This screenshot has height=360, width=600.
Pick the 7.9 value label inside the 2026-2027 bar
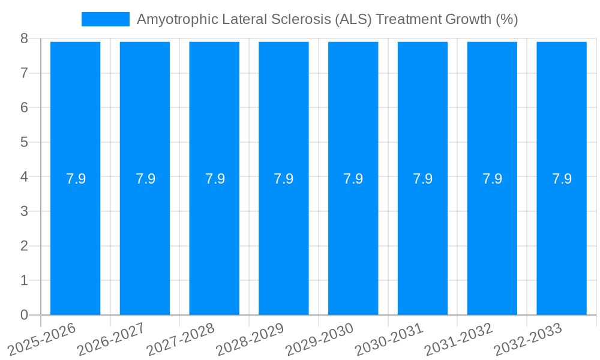coord(145,179)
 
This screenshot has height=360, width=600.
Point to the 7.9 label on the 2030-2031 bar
coord(423,179)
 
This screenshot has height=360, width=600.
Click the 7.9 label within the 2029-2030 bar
coord(353,179)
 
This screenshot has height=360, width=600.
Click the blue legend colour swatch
coord(106,19)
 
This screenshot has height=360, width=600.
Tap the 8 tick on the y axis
coord(24,38)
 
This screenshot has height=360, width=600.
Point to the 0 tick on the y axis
coord(24,315)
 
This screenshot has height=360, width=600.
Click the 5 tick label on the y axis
coord(24,142)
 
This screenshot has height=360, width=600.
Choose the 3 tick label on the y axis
coord(24,211)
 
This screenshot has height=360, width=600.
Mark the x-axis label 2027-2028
coord(181,339)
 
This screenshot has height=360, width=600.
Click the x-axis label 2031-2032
coord(459,339)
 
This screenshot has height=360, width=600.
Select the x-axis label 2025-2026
coord(42,339)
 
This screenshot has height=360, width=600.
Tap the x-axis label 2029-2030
coord(320,339)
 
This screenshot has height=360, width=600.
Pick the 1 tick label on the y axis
coord(24,280)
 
